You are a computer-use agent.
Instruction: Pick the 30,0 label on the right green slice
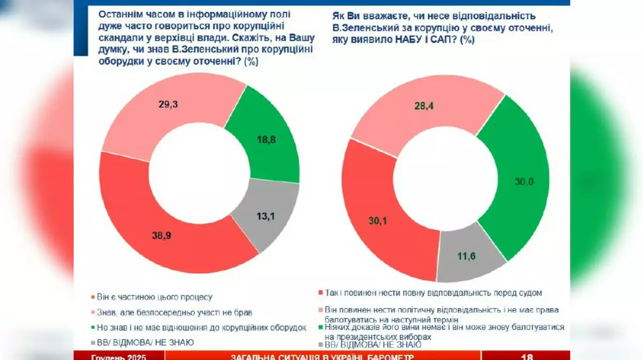coord(524,182)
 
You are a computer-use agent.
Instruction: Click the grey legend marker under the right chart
coord(320,346)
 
